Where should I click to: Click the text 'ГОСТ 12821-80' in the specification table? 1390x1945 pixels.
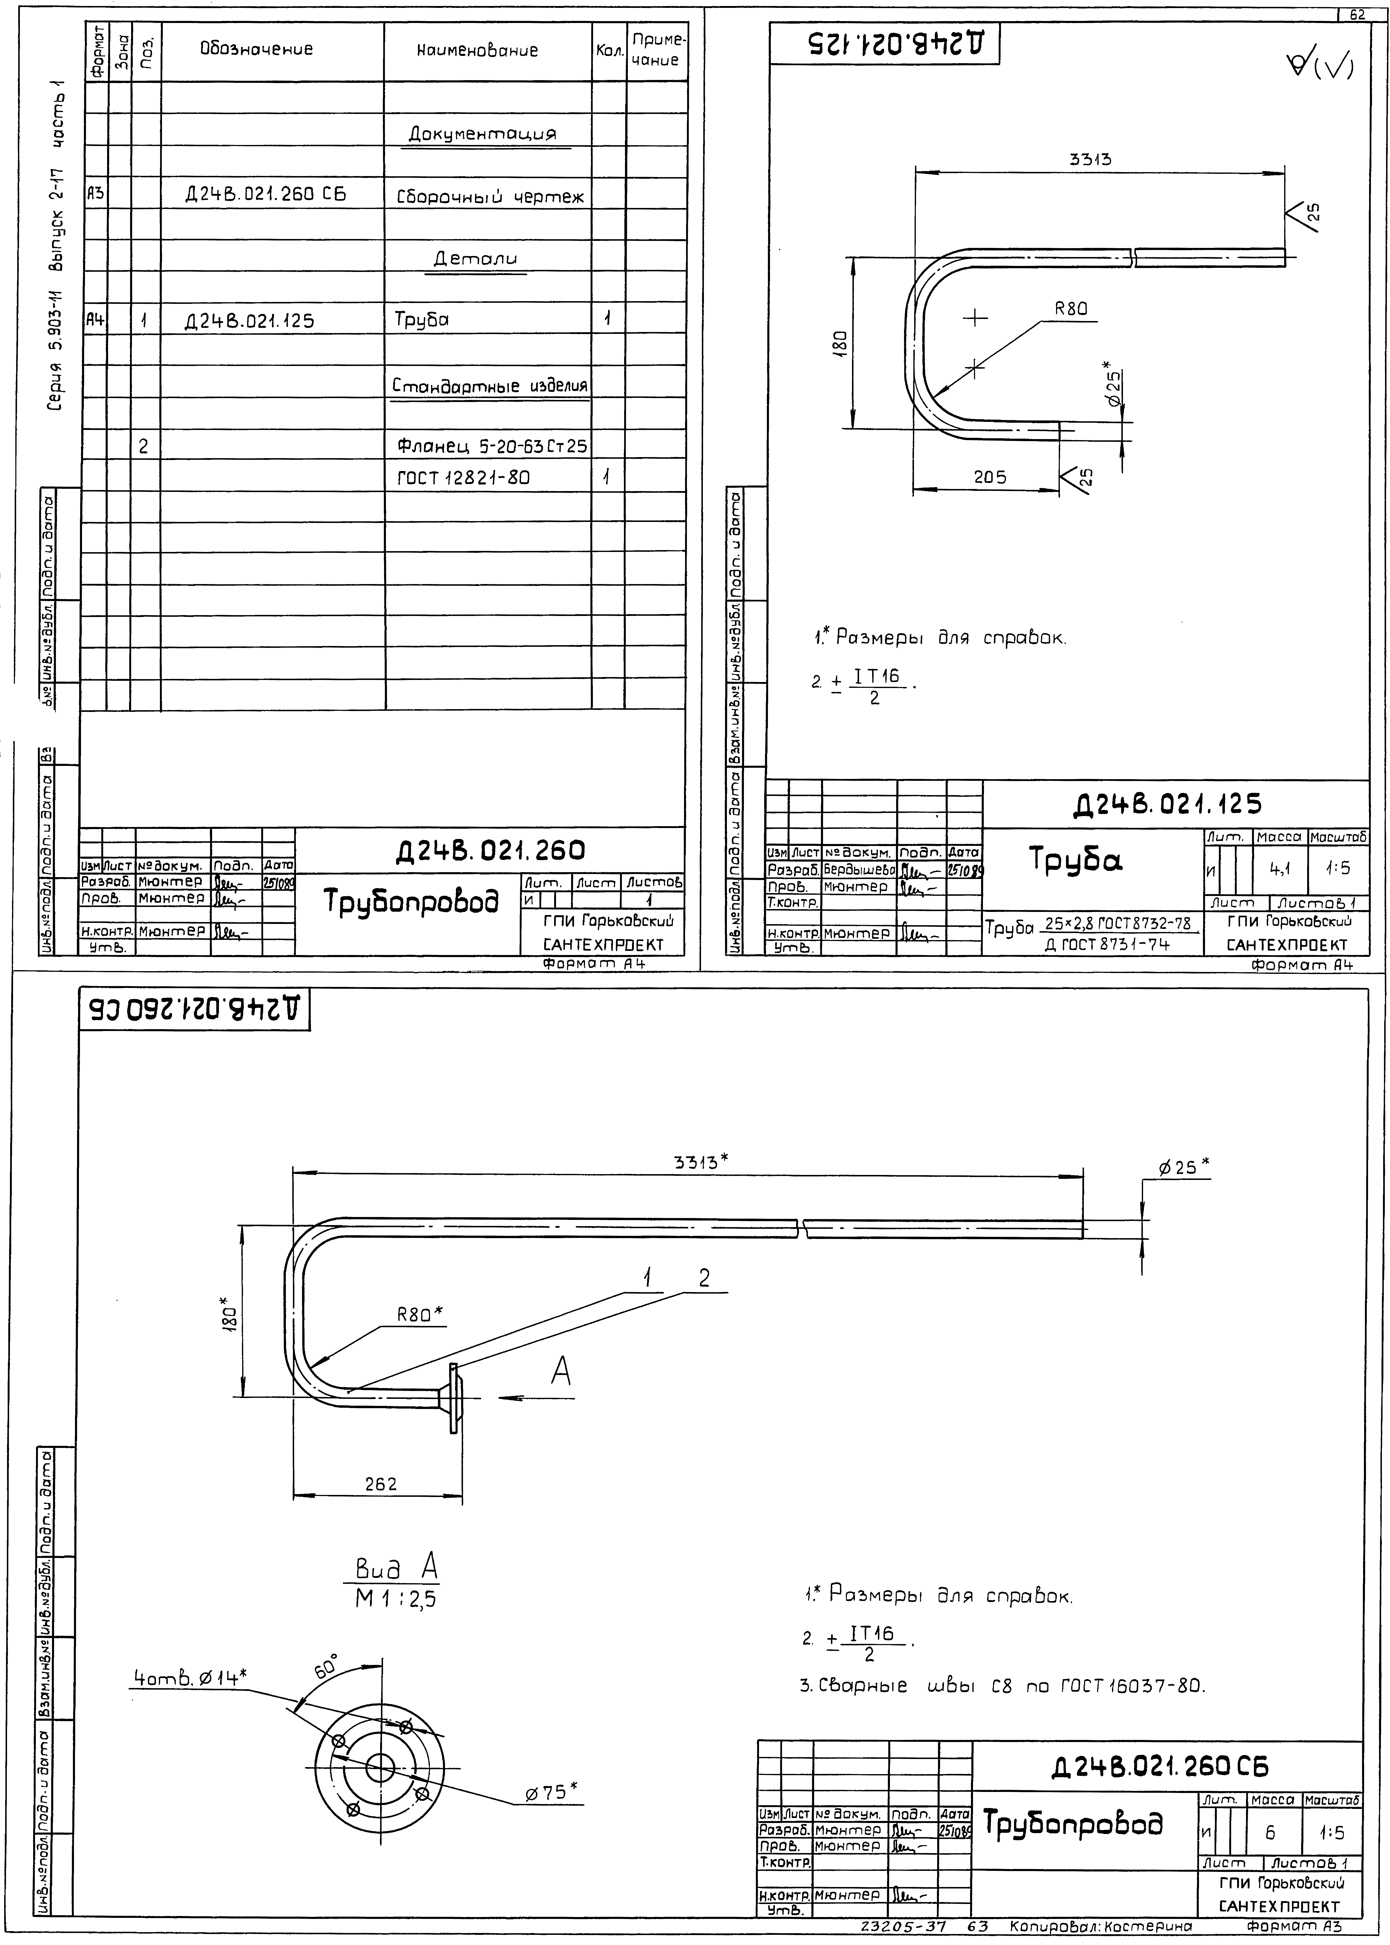(463, 477)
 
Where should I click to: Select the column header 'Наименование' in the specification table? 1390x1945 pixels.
(478, 51)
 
